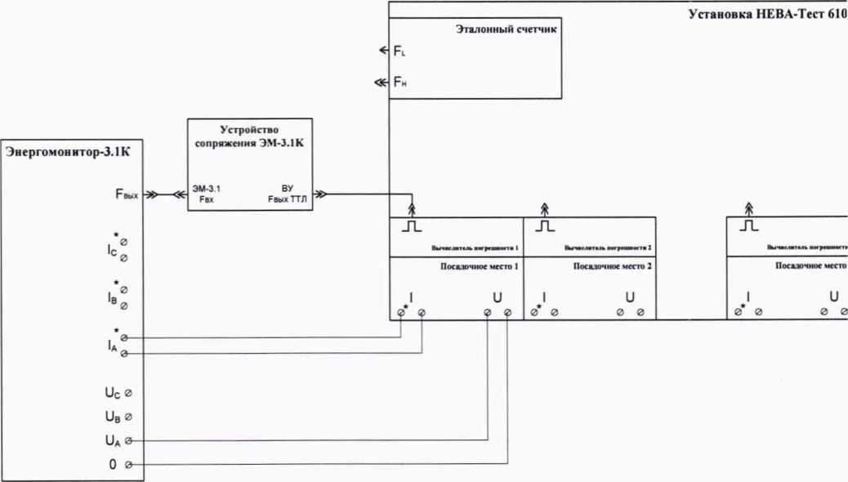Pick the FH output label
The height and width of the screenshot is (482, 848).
click(x=399, y=83)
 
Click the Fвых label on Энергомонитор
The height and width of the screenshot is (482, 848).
click(x=126, y=195)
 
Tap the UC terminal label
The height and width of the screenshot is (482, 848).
click(x=113, y=393)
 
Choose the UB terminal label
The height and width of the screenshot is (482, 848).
click(x=113, y=417)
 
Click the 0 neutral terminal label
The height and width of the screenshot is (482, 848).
click(x=114, y=465)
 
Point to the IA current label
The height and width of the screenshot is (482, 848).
click(x=112, y=346)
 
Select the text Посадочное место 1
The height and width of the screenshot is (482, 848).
click(x=473, y=266)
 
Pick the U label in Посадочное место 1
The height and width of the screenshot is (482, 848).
click(x=497, y=297)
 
